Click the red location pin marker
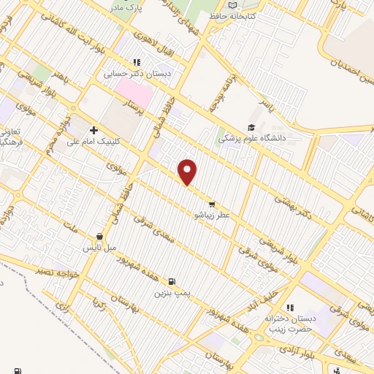[x=188, y=172]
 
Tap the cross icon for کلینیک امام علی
[x=94, y=129]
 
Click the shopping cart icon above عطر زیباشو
[x=212, y=204]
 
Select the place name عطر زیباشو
[x=212, y=215]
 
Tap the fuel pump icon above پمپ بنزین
[x=172, y=280]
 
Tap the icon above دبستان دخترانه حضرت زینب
[x=289, y=308]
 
